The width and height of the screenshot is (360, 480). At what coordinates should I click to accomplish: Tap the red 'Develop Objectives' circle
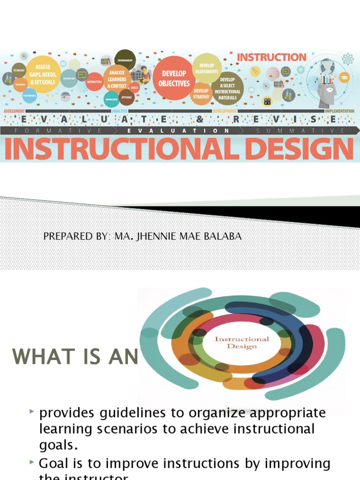(174, 78)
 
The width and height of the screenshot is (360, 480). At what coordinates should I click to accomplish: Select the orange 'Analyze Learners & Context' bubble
(117, 79)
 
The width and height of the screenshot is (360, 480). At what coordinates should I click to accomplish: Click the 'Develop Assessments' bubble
(206, 68)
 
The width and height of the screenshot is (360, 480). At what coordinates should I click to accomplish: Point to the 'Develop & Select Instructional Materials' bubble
(227, 88)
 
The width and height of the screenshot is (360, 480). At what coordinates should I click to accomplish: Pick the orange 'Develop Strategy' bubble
(201, 94)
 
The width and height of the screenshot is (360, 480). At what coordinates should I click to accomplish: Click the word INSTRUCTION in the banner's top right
(271, 58)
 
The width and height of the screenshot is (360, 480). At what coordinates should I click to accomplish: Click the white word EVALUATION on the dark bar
(179, 131)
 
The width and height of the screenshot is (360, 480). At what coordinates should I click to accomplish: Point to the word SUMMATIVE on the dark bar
(300, 131)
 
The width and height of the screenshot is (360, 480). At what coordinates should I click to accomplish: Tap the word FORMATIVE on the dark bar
(57, 131)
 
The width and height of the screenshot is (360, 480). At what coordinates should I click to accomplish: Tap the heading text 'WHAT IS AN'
(75, 358)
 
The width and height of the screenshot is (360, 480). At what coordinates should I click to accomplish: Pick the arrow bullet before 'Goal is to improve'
(32, 462)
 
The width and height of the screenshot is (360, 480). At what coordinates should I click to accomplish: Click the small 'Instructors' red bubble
(94, 82)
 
